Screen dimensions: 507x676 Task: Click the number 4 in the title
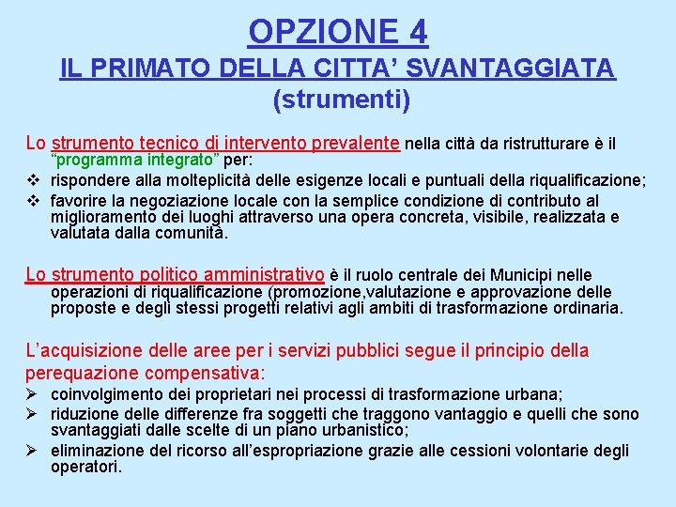418,32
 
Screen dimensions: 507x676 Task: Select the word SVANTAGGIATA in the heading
525,69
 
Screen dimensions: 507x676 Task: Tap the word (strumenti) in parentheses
341,100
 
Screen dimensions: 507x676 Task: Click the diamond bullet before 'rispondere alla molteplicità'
31,181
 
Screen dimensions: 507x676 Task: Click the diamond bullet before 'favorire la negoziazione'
31,201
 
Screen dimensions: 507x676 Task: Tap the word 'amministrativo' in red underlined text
262,274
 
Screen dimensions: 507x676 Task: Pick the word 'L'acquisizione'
86,350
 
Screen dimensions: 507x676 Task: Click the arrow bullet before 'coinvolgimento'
31,395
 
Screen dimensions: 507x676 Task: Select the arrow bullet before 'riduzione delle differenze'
31,414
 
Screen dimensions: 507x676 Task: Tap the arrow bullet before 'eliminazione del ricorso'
31,450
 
